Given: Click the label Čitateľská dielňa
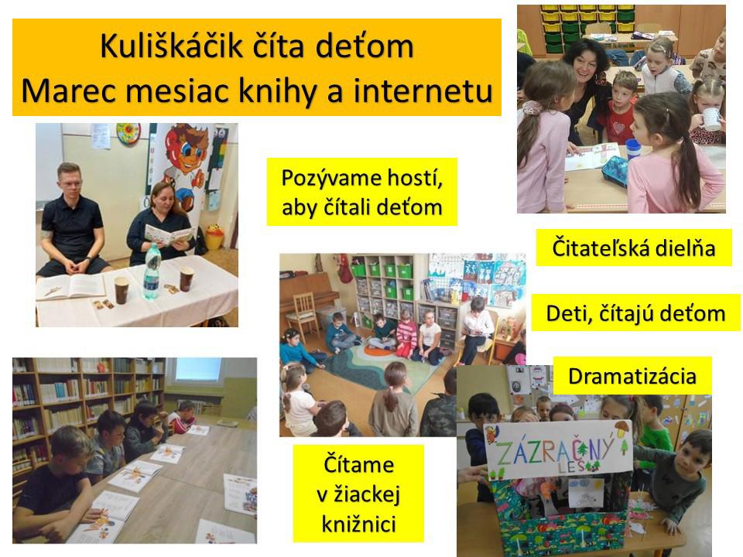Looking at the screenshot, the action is (x=634, y=248).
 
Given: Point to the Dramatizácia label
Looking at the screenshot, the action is (x=632, y=376).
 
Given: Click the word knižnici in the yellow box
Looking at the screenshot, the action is (x=358, y=525).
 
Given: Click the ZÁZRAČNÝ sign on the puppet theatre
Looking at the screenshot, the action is (x=558, y=449).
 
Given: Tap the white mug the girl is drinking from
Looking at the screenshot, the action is (x=710, y=119).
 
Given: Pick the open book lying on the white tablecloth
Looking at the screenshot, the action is (x=71, y=287).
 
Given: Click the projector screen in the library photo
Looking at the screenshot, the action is (x=198, y=371).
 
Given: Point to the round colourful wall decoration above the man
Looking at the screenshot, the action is (x=128, y=133).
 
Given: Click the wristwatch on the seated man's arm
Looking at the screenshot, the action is (x=88, y=260).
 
